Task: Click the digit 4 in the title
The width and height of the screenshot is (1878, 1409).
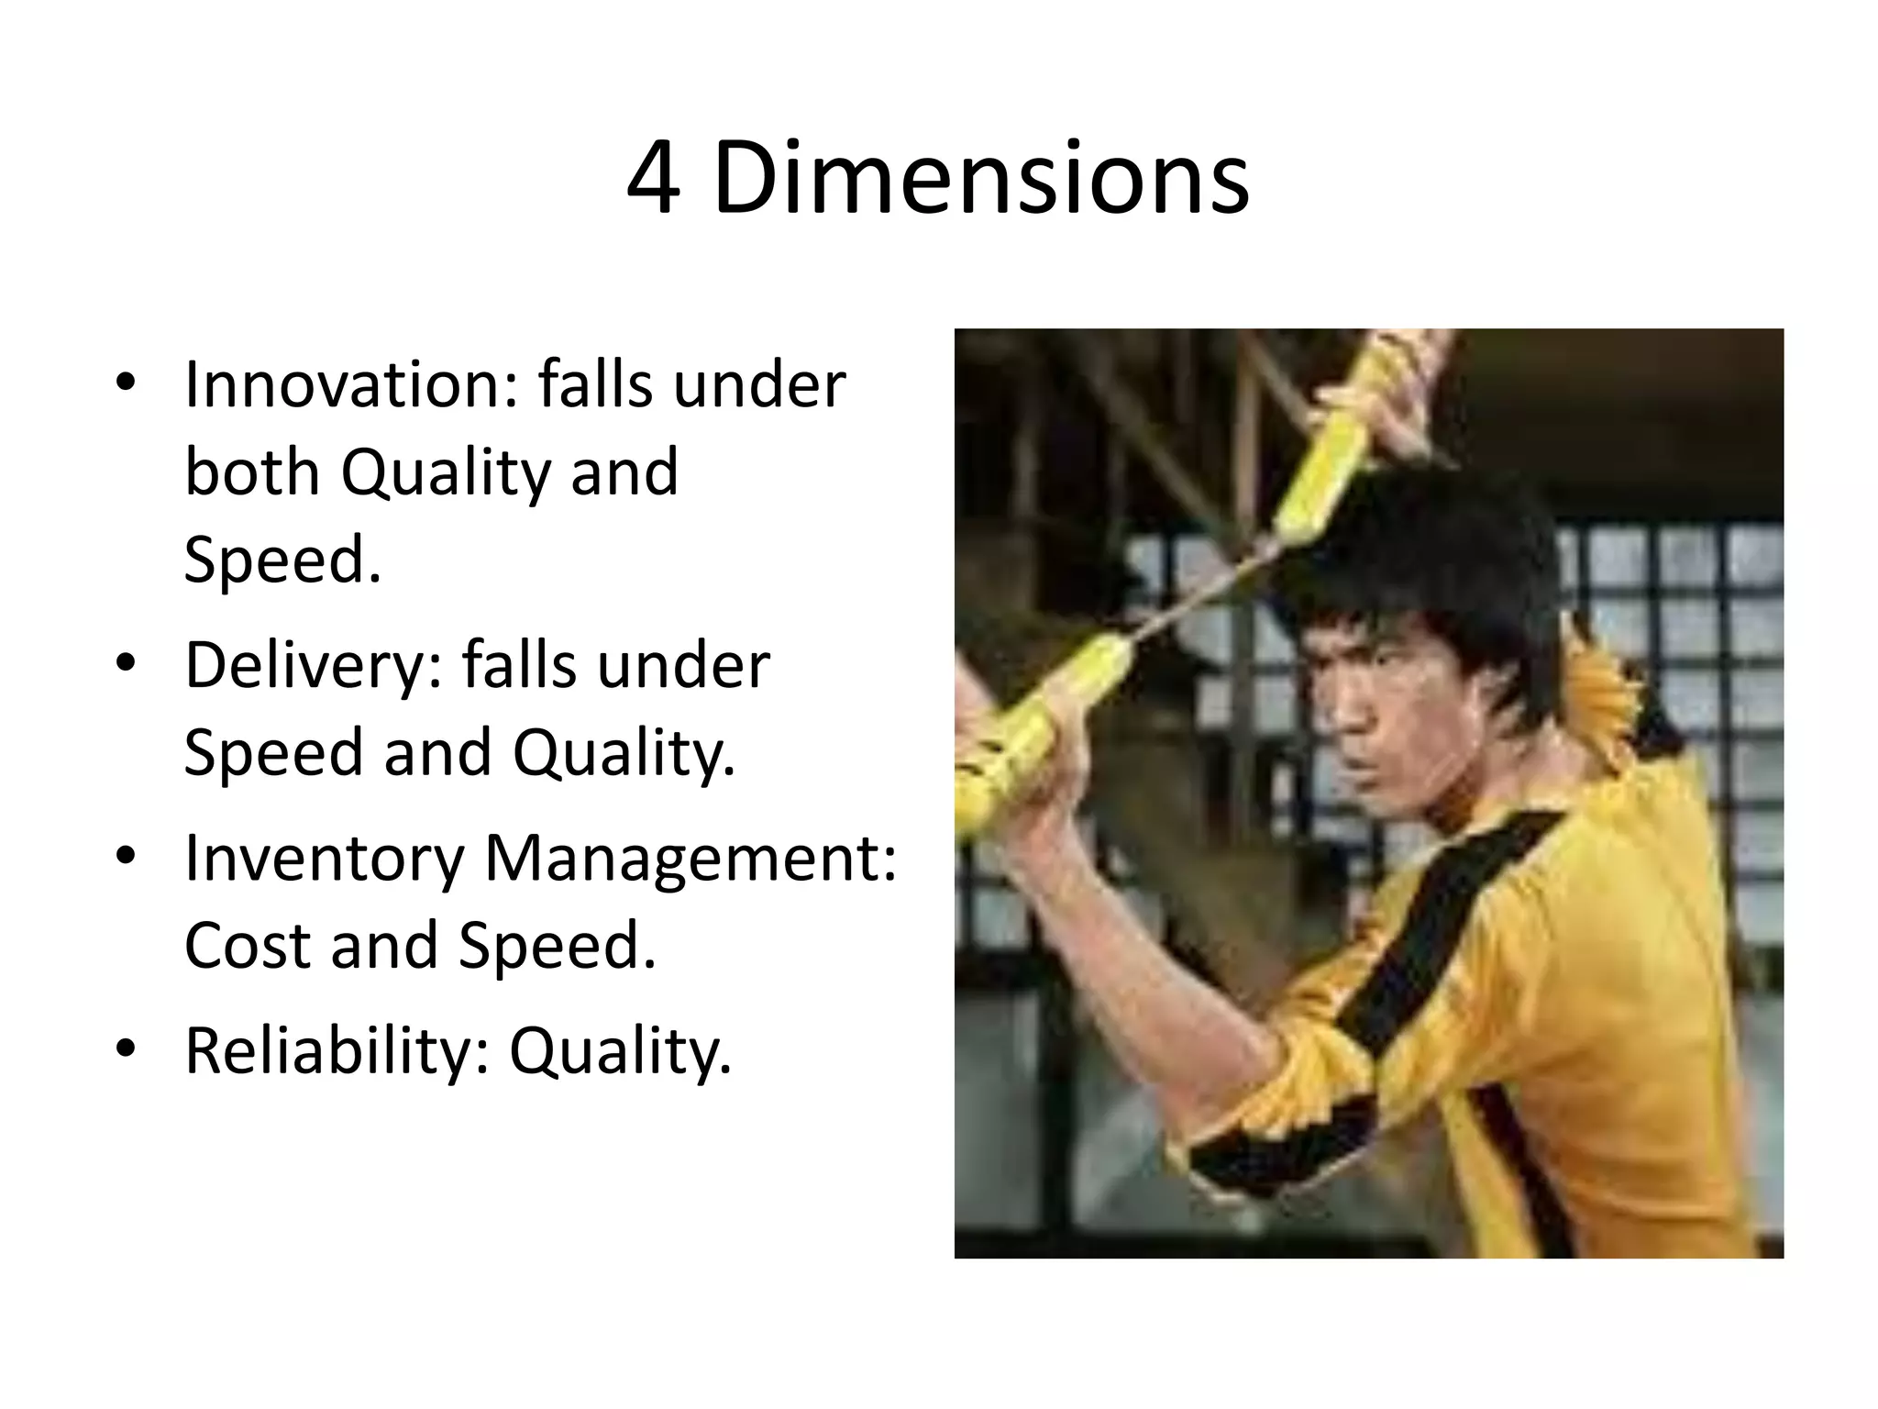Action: coord(654,179)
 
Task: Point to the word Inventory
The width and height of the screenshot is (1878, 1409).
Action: coord(325,860)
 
